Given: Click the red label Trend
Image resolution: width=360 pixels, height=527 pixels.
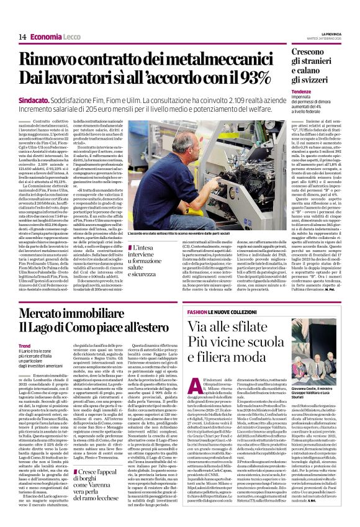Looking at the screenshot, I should (x=25, y=346).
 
